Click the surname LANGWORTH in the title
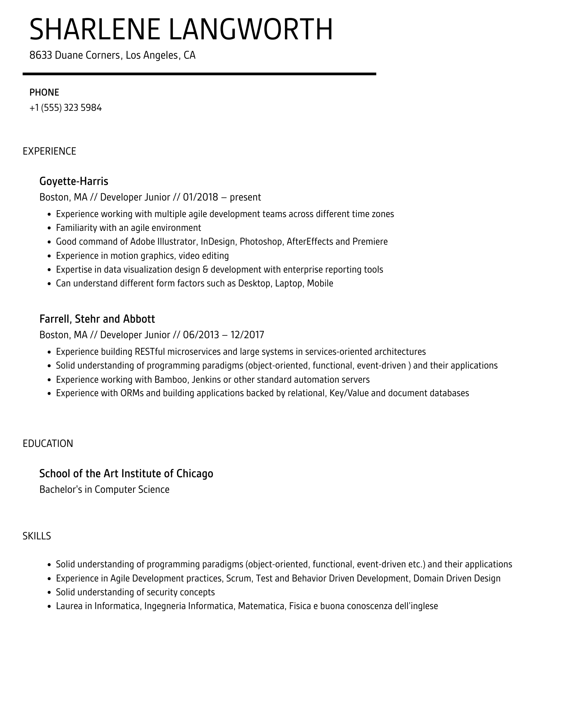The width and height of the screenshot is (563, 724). pos(251,30)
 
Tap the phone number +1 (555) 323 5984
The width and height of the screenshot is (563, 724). pos(66,108)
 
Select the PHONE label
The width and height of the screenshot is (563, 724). pos(44,92)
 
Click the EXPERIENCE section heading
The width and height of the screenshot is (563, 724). pos(49,151)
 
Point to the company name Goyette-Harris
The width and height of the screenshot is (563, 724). pos(74,181)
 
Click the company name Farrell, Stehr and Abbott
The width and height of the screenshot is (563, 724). pos(97,319)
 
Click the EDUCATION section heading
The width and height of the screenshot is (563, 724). pos(48,443)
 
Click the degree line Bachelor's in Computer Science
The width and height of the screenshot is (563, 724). pos(105,490)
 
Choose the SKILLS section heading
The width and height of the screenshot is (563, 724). pos(37,536)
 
